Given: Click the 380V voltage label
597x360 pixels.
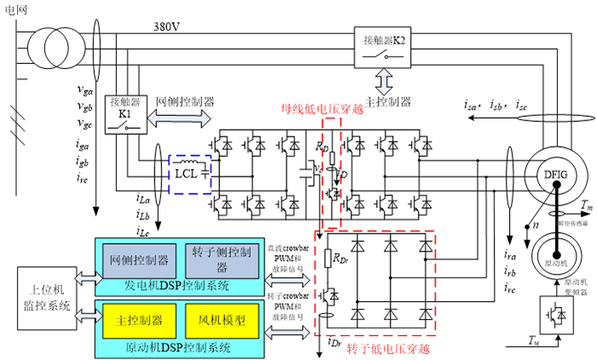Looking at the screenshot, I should click(167, 26).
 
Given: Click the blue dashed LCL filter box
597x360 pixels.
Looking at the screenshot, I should click(194, 173).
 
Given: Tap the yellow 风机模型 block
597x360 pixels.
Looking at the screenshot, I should click(216, 322).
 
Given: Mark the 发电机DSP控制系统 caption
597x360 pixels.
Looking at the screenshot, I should click(175, 284).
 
